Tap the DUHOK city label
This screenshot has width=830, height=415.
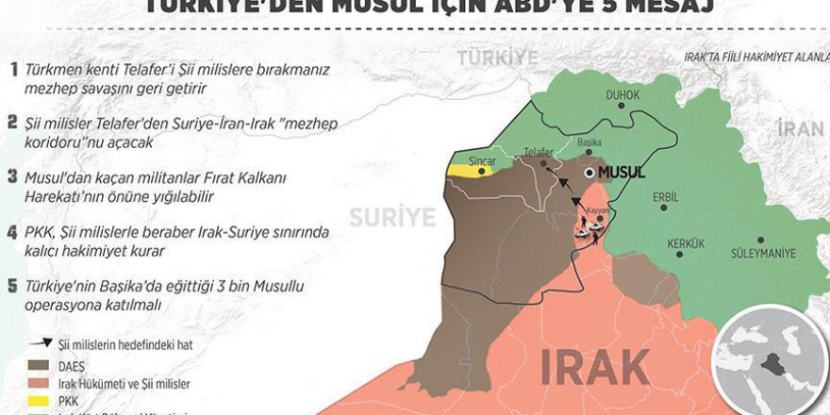click(x=623, y=95)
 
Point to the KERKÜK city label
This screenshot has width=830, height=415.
click(x=659, y=243)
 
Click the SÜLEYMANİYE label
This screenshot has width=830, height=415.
click(x=763, y=253)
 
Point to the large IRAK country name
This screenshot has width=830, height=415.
click(x=594, y=366)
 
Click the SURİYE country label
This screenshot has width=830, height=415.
click(x=392, y=218)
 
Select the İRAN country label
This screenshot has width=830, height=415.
click(x=800, y=129)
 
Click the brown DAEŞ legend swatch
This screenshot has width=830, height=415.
click(x=41, y=364)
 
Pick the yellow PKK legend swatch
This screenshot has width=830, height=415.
click(x=41, y=400)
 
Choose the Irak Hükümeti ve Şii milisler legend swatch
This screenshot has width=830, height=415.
click(x=41, y=382)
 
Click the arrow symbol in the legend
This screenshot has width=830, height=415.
click(x=41, y=344)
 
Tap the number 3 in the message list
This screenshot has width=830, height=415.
click(x=12, y=176)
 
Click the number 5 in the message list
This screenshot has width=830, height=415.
click(x=12, y=286)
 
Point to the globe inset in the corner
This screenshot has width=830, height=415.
click(x=768, y=363)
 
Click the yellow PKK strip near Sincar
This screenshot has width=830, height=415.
click(x=470, y=172)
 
